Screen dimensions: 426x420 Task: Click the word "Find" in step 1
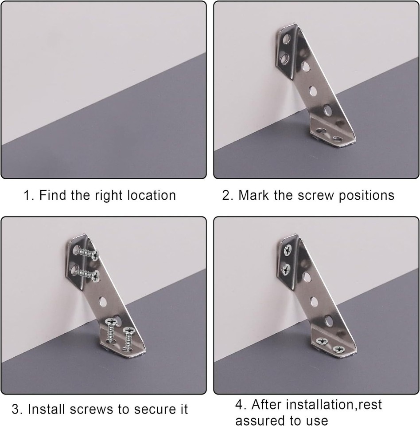tap(53, 195)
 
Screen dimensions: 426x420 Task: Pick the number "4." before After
tap(241, 404)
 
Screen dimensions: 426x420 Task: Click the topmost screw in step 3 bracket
tap(86, 253)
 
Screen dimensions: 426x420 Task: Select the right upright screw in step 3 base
tap(128, 339)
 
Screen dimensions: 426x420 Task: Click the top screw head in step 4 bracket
tap(288, 250)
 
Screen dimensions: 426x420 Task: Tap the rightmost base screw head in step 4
tap(338, 349)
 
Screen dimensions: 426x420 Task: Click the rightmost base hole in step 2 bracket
tap(338, 139)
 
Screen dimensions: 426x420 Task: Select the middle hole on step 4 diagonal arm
tap(314, 302)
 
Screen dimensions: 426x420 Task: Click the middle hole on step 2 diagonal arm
tap(313, 91)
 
